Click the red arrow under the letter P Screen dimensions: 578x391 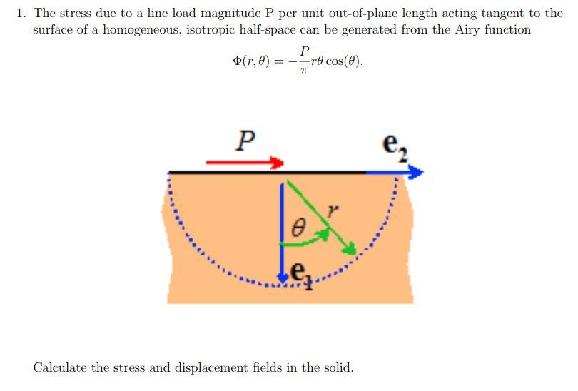coord(245,163)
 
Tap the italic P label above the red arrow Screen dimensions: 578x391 coord(245,141)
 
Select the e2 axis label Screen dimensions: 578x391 coord(395,147)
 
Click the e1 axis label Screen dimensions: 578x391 coord(302,275)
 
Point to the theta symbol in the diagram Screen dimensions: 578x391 coord(298,227)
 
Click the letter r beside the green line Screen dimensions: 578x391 coord(332,210)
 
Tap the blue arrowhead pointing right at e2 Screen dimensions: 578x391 coord(415,172)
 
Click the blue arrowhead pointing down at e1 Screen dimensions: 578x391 coord(283,278)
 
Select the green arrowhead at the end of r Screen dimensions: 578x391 coord(350,248)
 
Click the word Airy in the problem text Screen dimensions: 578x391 coord(468,29)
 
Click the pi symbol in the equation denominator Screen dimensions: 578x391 coord(304,70)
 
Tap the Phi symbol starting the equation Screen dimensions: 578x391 coord(237,61)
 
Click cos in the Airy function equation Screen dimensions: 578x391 coord(335,61)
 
